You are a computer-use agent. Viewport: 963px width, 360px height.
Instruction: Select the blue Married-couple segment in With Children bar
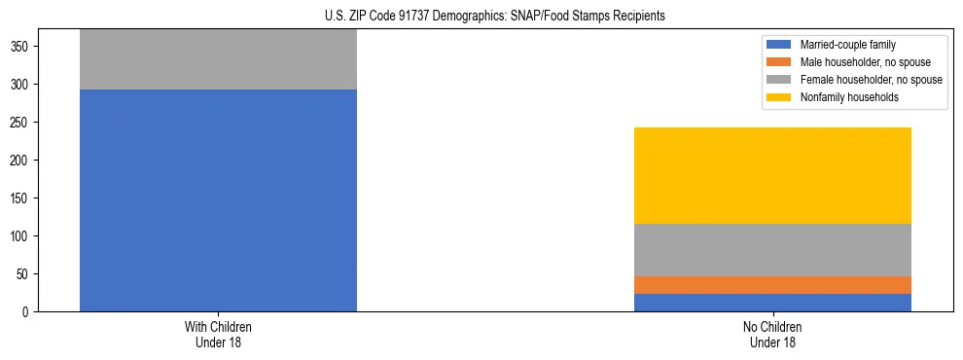(218, 200)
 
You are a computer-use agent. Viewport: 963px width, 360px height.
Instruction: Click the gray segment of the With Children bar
(218, 59)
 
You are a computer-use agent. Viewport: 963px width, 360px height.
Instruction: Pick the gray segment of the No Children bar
(772, 250)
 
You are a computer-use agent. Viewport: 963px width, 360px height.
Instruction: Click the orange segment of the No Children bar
(772, 285)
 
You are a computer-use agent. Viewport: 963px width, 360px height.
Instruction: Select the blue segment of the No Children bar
(772, 303)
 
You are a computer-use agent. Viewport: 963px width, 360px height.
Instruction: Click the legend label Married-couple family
(845, 45)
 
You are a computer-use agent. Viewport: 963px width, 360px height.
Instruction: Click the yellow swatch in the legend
(779, 97)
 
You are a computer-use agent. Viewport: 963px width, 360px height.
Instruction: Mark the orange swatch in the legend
(779, 62)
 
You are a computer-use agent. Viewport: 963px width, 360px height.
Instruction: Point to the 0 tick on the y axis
(27, 312)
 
